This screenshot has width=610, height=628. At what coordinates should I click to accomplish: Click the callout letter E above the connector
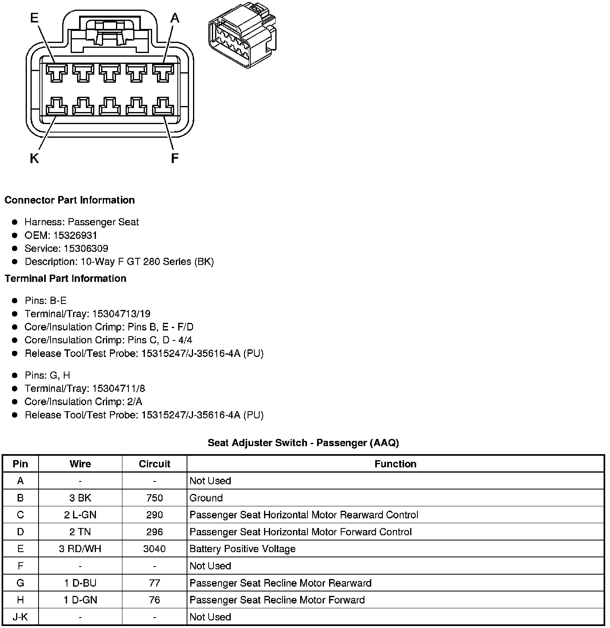(x=35, y=18)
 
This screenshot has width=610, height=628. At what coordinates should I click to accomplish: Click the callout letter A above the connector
(x=175, y=18)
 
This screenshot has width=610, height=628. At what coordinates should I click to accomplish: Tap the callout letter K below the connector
(x=34, y=159)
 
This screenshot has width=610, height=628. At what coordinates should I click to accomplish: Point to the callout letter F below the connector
(x=174, y=159)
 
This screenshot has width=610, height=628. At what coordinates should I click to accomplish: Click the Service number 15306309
(x=86, y=249)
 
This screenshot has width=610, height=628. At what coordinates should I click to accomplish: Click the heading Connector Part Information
(x=69, y=200)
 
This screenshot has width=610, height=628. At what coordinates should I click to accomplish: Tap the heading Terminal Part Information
(x=65, y=278)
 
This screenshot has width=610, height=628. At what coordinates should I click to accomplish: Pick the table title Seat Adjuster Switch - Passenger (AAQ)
(x=303, y=443)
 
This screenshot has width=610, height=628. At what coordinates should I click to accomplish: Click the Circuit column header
(x=155, y=464)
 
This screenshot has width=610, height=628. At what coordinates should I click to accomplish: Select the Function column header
(x=395, y=464)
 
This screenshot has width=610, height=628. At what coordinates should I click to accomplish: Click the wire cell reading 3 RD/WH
(x=80, y=549)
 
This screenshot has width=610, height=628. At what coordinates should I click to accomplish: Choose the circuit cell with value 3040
(x=155, y=549)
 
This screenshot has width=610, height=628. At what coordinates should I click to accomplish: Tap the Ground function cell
(x=206, y=498)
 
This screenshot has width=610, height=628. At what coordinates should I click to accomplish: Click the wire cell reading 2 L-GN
(x=80, y=515)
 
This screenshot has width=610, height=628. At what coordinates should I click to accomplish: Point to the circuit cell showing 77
(x=155, y=583)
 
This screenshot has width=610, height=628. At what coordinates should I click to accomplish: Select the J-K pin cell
(x=20, y=617)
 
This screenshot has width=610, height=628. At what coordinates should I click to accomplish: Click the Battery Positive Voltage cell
(x=242, y=549)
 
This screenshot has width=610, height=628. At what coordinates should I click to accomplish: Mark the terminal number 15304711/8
(x=118, y=389)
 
